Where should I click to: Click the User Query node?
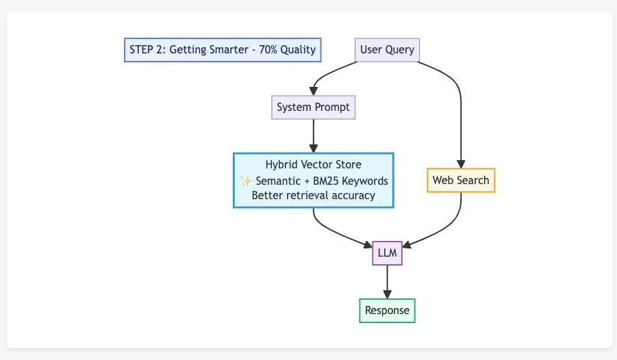pos(387,50)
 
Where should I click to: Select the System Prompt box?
pos(313,107)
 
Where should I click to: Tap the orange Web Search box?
pos(460,181)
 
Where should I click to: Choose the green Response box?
pos(387,310)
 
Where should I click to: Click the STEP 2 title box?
pos(222,50)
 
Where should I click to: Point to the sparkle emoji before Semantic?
pos(246,181)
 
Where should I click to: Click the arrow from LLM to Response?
pos(388,281)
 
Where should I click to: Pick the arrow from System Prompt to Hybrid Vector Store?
pos(314,136)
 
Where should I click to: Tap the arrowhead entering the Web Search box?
pos(460,164)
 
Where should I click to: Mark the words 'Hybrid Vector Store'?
pos(313,165)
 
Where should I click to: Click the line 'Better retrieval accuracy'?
pos(313,196)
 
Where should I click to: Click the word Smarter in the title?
pos(225,50)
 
